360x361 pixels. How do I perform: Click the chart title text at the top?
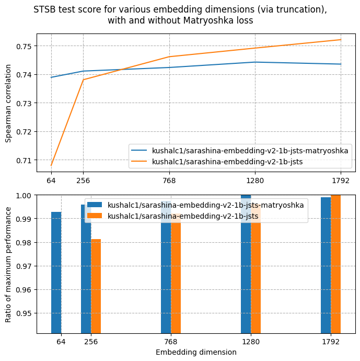[x=180, y=15]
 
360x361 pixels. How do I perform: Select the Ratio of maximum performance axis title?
[x=8, y=264]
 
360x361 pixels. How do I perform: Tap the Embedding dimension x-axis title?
[x=196, y=352]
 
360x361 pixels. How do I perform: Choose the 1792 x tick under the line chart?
[x=341, y=180]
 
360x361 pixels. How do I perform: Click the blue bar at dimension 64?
[x=56, y=272]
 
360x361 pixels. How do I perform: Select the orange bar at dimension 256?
[x=96, y=286]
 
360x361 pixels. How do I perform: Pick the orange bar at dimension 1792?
[x=335, y=264]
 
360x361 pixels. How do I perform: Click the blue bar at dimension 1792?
[x=326, y=265]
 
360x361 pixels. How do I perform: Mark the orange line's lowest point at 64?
[x=51, y=165]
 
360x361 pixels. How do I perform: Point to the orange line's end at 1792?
[x=341, y=40]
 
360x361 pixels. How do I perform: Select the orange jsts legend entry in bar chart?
[x=183, y=216]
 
